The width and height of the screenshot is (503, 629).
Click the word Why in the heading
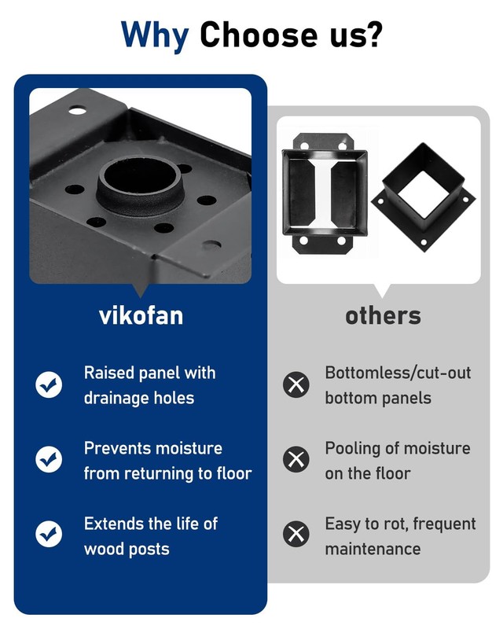(x=155, y=35)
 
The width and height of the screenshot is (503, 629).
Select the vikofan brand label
(x=141, y=316)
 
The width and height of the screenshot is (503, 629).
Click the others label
(x=383, y=316)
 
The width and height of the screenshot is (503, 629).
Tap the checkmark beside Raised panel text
(x=49, y=384)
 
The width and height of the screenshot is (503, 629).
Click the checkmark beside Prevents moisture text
(x=49, y=459)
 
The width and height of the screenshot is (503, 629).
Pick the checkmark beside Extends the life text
(x=49, y=534)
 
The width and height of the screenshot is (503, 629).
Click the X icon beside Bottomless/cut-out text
(x=296, y=384)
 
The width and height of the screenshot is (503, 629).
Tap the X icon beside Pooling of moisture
(x=296, y=459)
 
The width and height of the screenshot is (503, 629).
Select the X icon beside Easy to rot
(x=296, y=534)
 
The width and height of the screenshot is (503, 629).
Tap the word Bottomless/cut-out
(x=398, y=373)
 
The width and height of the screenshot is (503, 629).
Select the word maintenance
(x=373, y=549)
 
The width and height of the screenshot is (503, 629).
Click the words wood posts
(x=127, y=549)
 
